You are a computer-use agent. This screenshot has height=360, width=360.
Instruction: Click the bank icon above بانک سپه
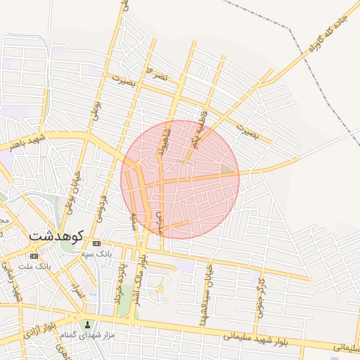click(x=96, y=243)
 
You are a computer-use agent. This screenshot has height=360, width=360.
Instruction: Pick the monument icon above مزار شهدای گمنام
click(x=88, y=325)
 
